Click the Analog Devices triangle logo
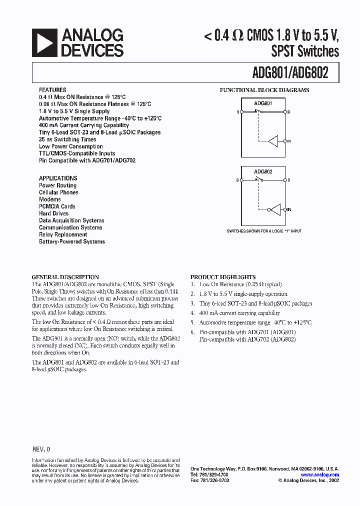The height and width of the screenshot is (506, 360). [x=44, y=42]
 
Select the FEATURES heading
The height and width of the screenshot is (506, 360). [x=52, y=90]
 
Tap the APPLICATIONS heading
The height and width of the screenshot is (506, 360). [x=58, y=178]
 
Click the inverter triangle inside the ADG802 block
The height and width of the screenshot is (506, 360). [x=274, y=209]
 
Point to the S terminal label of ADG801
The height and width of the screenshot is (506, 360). [x=237, y=112]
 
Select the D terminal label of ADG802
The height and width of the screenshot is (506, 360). [x=289, y=179]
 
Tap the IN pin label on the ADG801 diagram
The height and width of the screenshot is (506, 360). [x=289, y=141]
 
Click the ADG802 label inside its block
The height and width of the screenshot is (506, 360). [x=263, y=172]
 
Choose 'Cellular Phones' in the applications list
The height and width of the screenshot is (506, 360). [x=58, y=192]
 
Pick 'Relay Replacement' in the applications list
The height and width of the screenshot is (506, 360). [x=63, y=234]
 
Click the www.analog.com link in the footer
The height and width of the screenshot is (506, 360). [x=320, y=475]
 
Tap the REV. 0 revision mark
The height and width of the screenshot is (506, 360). [x=41, y=449]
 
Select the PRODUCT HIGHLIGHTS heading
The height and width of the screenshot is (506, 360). [x=223, y=277]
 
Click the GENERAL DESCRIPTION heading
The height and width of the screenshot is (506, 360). [x=65, y=277]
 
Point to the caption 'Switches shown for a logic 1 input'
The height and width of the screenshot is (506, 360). [x=264, y=231]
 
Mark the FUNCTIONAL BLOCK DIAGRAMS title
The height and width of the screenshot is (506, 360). [x=264, y=90]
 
